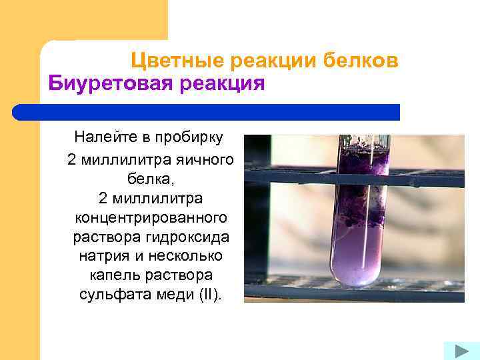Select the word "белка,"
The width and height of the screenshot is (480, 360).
coord(150,179)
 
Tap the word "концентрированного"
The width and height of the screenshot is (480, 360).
coord(150,218)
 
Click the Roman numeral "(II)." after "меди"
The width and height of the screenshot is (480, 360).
coord(209,294)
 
